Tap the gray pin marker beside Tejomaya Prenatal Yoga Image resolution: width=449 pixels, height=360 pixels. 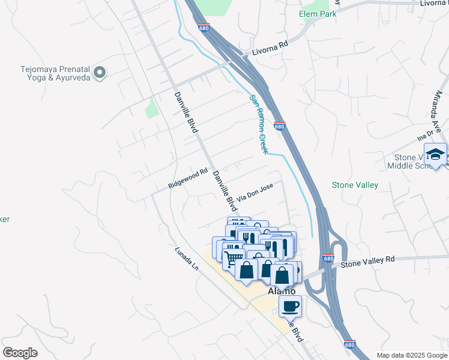tap(100, 73)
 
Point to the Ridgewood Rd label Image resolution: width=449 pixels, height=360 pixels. tap(187, 179)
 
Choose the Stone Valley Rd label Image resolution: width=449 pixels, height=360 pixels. tap(368, 261)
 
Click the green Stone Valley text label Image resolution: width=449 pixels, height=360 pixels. tap(355, 185)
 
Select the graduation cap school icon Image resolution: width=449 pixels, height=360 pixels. tap(435, 154)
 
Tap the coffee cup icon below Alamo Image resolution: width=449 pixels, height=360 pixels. tap(291, 306)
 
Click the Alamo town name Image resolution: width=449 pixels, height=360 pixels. tap(281, 291)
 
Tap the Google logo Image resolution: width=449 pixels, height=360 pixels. tap(20, 353)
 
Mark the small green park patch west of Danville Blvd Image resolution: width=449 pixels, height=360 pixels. tap(151, 108)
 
